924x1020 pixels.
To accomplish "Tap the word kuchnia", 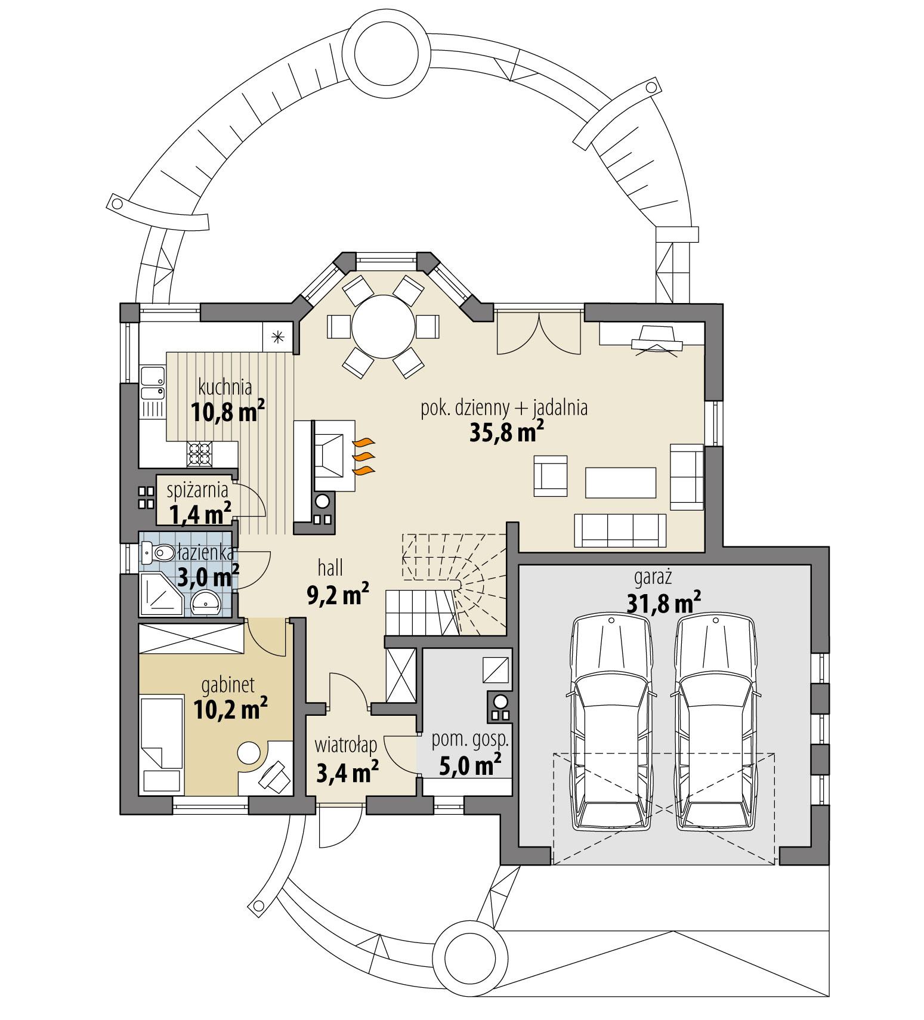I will (x=224, y=388).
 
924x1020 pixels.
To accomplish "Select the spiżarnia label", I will (x=197, y=490).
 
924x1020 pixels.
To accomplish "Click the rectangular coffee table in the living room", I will (x=620, y=483).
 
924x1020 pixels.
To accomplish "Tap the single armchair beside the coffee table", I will (x=550, y=475).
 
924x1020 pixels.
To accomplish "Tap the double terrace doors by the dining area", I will (x=539, y=332).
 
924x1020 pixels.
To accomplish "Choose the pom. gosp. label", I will (x=470, y=740).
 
